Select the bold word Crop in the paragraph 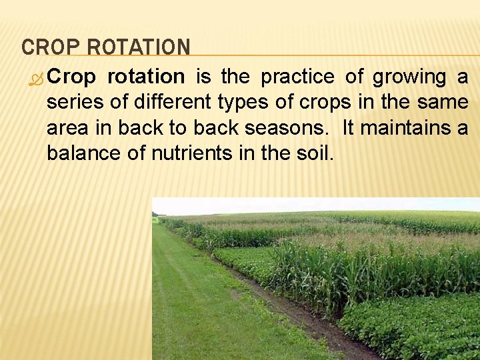(71, 78)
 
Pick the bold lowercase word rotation (145, 77)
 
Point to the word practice (297, 77)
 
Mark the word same (443, 103)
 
